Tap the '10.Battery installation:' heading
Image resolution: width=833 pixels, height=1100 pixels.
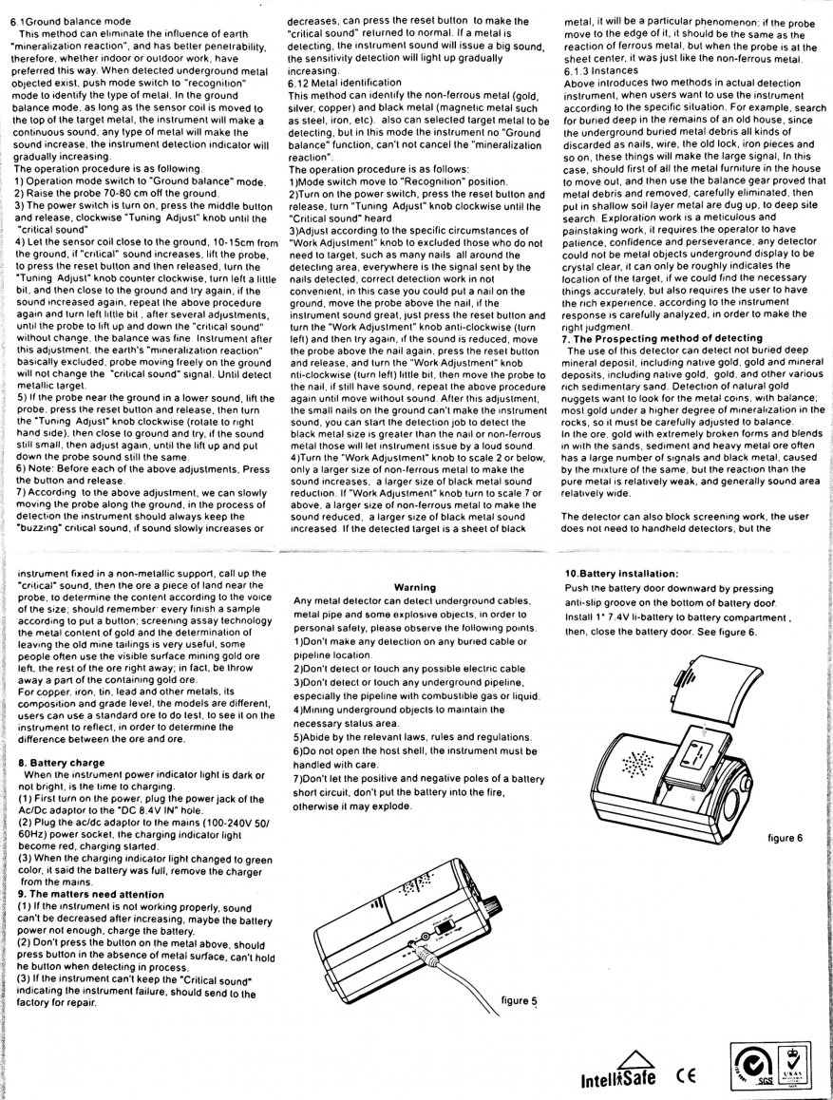620,574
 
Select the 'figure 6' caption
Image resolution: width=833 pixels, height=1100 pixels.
786,838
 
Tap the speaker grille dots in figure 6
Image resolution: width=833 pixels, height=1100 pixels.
636,761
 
